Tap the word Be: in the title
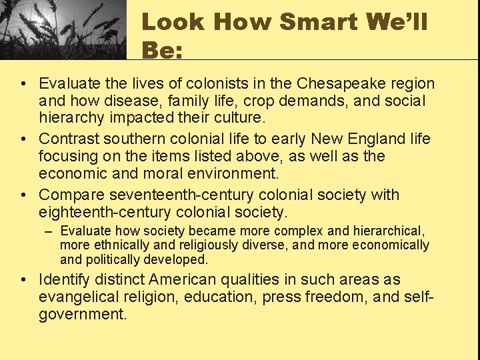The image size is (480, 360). [x=162, y=50]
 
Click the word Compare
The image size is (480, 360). [x=71, y=195]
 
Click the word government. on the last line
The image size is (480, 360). [x=83, y=314]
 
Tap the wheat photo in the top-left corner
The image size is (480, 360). [x=63, y=30]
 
